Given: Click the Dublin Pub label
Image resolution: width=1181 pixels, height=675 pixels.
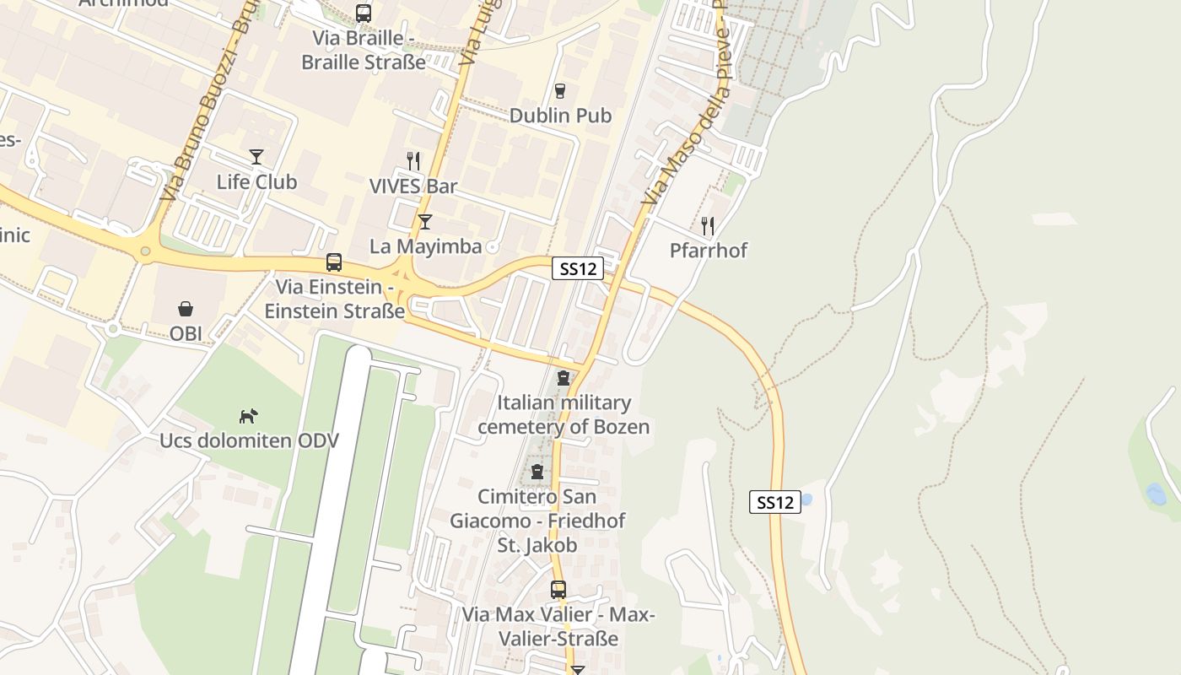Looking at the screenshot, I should (x=560, y=116).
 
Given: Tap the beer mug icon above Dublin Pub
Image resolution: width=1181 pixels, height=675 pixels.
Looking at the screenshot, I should (x=559, y=91).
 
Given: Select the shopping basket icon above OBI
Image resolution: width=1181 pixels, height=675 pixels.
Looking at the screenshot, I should (x=186, y=309).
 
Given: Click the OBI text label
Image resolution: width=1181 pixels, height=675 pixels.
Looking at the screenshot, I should (x=186, y=333).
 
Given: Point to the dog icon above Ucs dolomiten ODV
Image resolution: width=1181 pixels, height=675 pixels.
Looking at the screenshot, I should (x=248, y=416).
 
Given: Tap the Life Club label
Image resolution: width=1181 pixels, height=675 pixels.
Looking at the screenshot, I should (x=256, y=181).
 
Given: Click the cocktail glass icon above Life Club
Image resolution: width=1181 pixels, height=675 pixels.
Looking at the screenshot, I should (x=256, y=157).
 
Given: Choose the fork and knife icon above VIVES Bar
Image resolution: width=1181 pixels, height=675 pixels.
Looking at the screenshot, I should (x=413, y=161).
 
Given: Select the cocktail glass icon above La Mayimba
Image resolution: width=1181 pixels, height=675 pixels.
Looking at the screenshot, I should (x=425, y=222).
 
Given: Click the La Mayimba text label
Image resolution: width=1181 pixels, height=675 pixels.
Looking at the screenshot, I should (x=425, y=246).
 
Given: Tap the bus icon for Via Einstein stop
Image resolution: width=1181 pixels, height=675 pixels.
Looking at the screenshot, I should (x=334, y=262).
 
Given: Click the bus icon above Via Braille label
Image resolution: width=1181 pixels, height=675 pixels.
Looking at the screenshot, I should (x=364, y=13).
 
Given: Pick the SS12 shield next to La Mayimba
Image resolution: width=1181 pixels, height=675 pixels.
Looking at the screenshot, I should (x=579, y=269).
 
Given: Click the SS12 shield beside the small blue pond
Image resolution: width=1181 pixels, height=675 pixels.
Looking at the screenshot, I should (x=774, y=503).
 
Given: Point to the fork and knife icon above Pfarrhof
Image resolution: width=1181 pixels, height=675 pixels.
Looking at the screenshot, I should (x=708, y=226).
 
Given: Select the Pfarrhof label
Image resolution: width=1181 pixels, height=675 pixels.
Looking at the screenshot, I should (x=708, y=251).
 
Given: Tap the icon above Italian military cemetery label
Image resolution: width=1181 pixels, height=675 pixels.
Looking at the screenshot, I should (x=564, y=378).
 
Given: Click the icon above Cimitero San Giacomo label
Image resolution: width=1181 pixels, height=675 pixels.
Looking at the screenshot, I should (x=537, y=472).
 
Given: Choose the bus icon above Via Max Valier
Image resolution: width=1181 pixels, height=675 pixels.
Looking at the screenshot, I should (x=558, y=590).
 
